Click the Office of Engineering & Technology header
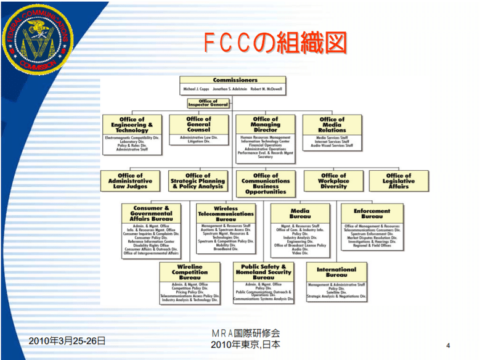(132, 125)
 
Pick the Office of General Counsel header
(198, 124)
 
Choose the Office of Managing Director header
(266, 125)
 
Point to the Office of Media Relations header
(333, 125)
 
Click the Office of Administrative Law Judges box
(130, 181)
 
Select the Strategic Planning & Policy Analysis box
(198, 181)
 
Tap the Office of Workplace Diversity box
(333, 181)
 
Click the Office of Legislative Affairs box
(399, 181)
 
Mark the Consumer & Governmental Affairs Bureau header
(152, 213)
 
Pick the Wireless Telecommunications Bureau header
(226, 213)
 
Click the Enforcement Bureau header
(372, 213)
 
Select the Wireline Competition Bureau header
(190, 272)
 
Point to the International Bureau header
(336, 272)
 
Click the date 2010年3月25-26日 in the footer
(67, 340)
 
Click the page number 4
(448, 344)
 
